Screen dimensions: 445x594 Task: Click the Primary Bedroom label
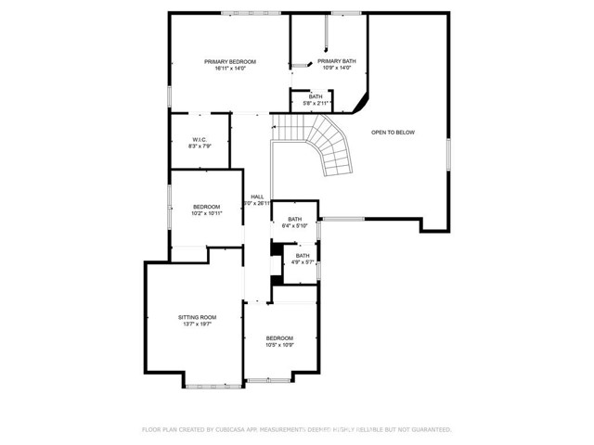(230, 61)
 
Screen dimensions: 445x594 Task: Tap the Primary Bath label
(337, 61)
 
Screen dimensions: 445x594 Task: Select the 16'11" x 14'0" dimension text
(230, 69)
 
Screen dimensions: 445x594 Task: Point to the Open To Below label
(393, 133)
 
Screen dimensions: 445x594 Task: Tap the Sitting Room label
(197, 317)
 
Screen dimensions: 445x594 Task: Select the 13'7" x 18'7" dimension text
(197, 324)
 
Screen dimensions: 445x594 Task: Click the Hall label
(257, 197)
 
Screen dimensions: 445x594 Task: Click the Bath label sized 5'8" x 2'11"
(316, 96)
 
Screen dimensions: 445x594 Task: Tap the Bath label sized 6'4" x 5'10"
(294, 219)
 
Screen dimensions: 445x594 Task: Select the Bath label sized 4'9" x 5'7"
(303, 256)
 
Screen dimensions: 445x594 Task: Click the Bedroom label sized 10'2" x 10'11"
(206, 206)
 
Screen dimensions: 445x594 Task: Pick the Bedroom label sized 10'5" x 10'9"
(279, 337)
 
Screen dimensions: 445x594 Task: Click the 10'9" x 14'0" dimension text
(337, 69)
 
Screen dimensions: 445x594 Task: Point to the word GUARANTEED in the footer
(427, 429)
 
